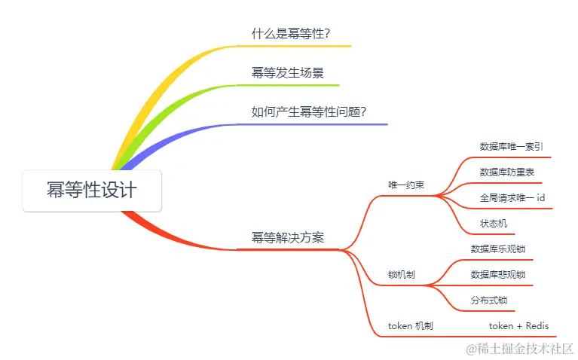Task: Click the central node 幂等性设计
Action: pos(92,190)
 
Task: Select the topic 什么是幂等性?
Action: pos(291,34)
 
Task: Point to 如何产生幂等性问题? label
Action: pos(308,112)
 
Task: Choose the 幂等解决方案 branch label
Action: pos(288,237)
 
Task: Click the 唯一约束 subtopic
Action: pos(406,185)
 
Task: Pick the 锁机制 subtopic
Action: pos(401,275)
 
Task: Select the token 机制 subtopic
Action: pos(410,326)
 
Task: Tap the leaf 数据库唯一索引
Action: pos(511,147)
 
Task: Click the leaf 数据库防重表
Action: pos(506,172)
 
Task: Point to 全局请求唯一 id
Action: pos(512,198)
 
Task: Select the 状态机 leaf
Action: pos(493,224)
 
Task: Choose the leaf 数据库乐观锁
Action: pos(497,249)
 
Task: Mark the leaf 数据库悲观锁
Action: pos(497,275)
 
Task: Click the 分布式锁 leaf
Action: pos(488,301)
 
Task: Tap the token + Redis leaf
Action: pos(518,326)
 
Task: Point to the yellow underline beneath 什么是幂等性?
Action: pos(301,46)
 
